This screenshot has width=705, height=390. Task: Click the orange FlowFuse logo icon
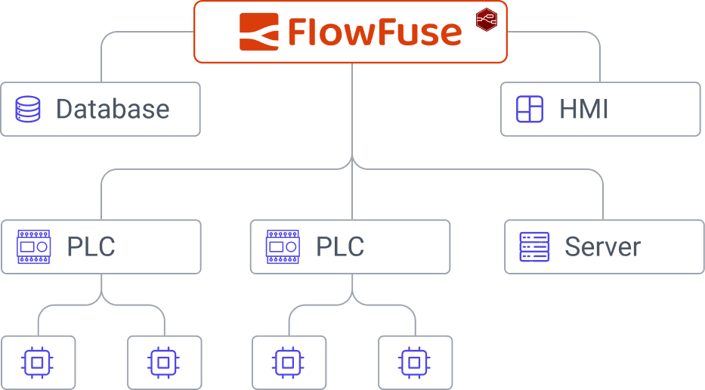pyautogui.click(x=259, y=32)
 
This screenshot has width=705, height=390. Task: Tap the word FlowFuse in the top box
pyautogui.click(x=374, y=32)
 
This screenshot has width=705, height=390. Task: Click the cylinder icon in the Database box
pyautogui.click(x=28, y=110)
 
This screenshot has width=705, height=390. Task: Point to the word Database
pyautogui.click(x=113, y=110)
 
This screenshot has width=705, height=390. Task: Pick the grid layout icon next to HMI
pyautogui.click(x=529, y=110)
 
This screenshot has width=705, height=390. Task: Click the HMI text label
pyautogui.click(x=584, y=110)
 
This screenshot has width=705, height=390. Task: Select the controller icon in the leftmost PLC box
pyautogui.click(x=34, y=247)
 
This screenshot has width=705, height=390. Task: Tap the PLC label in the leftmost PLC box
pyautogui.click(x=91, y=247)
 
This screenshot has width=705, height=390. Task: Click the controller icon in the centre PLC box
pyautogui.click(x=283, y=247)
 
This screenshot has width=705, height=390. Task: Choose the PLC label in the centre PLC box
pyautogui.click(x=340, y=247)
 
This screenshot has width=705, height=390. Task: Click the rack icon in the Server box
pyautogui.click(x=534, y=247)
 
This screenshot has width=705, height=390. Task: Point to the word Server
pyautogui.click(x=603, y=247)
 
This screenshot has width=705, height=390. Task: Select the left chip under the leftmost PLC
pyautogui.click(x=38, y=363)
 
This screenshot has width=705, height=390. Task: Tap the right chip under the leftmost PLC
pyautogui.click(x=164, y=363)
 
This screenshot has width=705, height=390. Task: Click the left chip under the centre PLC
pyautogui.click(x=289, y=363)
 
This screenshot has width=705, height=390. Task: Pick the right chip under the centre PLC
pyautogui.click(x=415, y=363)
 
